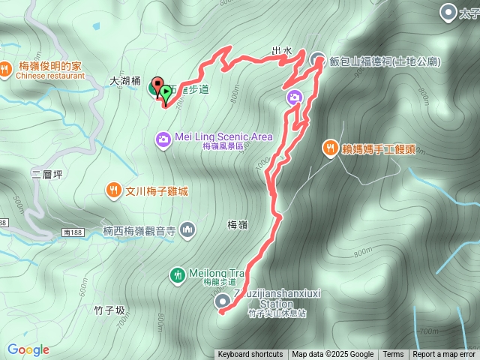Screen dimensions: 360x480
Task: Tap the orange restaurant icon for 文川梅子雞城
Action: pos(113,190)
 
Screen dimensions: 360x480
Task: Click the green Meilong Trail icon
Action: pos(177,274)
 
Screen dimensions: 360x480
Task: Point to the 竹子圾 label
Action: pos(109,310)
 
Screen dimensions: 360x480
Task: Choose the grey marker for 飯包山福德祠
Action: pos(317,61)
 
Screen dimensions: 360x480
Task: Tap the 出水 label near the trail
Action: pos(281,51)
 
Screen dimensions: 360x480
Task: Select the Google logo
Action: pos(28,349)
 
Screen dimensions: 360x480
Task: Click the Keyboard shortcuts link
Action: pos(250,355)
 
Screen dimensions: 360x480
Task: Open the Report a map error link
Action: pos(444,355)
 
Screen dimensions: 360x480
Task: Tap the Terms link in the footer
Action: pos(393,355)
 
